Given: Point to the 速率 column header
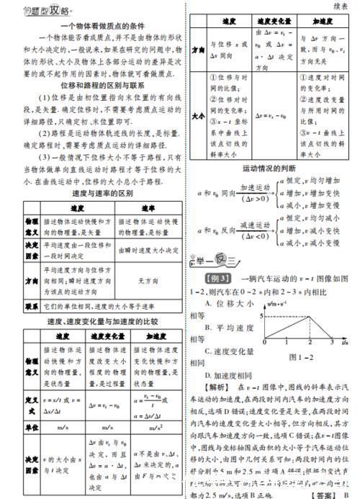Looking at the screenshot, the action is [143, 208].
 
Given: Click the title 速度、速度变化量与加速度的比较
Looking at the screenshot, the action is [90, 320].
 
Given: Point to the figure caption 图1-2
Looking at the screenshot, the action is [302, 355].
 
